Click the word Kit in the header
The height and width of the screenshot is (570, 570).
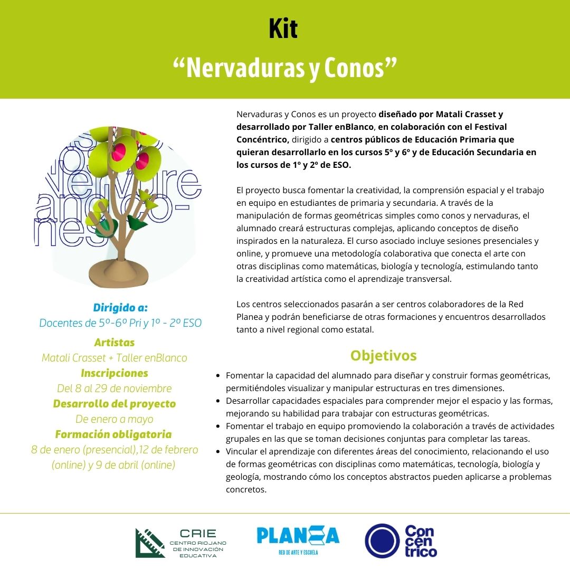click(x=283, y=30)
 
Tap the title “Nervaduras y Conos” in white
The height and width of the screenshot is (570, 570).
click(x=284, y=68)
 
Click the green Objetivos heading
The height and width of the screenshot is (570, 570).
click(x=384, y=355)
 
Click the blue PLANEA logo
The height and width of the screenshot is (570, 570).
click(x=298, y=536)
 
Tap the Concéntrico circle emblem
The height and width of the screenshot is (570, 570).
click(x=382, y=541)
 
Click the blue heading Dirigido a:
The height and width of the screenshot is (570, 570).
click(x=120, y=307)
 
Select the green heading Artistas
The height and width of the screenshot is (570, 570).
click(x=115, y=343)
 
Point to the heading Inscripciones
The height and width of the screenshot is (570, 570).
click(x=115, y=373)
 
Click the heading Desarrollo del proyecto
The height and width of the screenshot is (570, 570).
click(x=115, y=404)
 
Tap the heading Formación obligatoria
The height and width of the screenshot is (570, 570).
click(x=114, y=434)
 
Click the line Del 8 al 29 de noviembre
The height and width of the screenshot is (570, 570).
click(x=115, y=388)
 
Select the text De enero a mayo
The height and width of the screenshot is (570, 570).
click(x=115, y=419)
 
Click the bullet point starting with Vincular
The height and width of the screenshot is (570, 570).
click(x=218, y=452)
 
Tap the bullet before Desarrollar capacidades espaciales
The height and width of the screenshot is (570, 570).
click(x=218, y=401)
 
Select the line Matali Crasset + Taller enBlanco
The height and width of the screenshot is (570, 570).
click(x=115, y=358)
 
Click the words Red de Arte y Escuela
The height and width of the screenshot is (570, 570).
click(x=298, y=553)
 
